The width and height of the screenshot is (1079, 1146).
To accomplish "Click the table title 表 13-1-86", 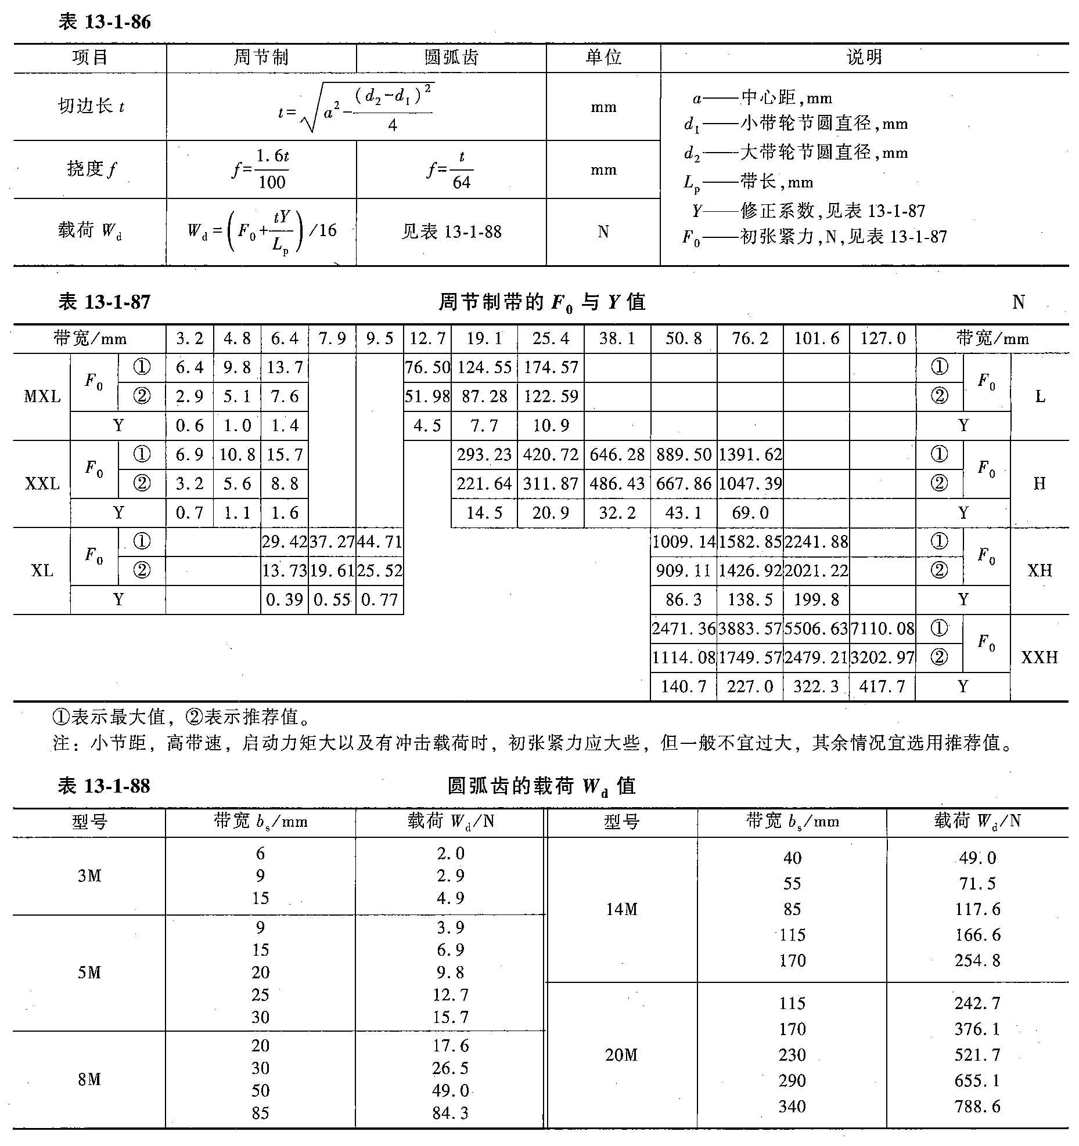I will [105, 22].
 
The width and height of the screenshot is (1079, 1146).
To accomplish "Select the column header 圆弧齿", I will [451, 57].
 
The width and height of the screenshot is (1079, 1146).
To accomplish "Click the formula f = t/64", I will [451, 170].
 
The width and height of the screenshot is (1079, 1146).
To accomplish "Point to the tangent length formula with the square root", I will [356, 107].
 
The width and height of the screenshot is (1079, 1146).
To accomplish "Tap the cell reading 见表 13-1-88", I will [451, 232].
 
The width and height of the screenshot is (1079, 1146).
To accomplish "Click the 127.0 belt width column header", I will [882, 339].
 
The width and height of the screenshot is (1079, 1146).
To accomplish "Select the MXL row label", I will [42, 397].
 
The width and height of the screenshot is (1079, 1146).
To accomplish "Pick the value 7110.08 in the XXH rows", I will [882, 628].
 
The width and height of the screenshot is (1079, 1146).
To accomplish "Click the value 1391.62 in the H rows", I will [750, 454].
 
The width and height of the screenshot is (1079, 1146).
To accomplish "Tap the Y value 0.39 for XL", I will [284, 599].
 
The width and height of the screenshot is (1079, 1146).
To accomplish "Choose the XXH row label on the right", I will [1039, 657].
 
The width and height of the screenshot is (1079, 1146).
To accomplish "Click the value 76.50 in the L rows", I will [427, 367].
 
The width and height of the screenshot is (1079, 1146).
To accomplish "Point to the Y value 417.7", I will [882, 686].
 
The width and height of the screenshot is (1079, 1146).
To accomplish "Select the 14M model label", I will [621, 909].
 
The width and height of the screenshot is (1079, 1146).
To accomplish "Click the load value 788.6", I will [977, 1107].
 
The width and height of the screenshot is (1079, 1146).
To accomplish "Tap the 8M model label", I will [89, 1079].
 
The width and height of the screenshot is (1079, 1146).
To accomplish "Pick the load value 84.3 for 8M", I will [450, 1113].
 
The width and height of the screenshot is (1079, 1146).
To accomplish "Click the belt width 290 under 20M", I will [792, 1080].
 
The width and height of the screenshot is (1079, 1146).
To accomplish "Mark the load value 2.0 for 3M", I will [450, 854].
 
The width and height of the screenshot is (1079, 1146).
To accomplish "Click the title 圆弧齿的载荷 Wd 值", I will [541, 786].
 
